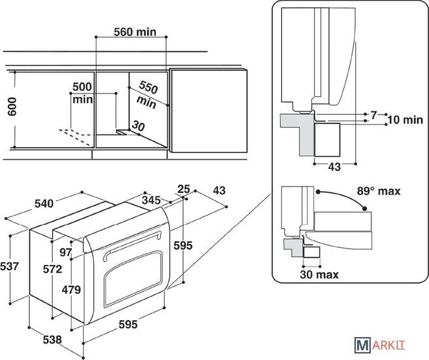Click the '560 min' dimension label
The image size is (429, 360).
(135, 32)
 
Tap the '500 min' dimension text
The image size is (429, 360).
(82, 93)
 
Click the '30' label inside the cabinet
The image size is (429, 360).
(138, 126)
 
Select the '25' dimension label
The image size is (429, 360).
(184, 189)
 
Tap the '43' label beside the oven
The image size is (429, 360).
(218, 190)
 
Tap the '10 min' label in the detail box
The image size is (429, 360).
(405, 120)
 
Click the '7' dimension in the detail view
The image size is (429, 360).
(373, 115)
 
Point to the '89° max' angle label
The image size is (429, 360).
(379, 191)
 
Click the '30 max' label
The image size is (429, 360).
(320, 275)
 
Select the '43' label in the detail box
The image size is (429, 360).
(334, 167)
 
